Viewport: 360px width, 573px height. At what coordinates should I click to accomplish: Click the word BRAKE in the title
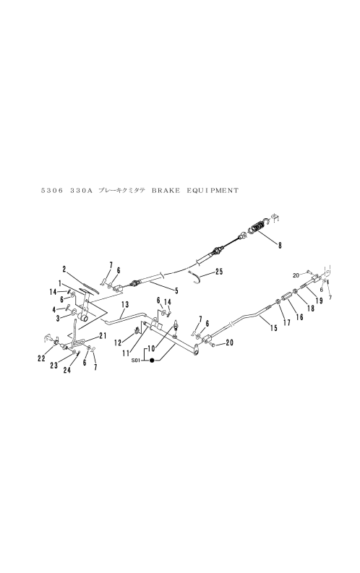point(166,190)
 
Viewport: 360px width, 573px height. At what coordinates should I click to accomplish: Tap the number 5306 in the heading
point(51,190)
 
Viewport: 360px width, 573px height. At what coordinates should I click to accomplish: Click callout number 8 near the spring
point(280,246)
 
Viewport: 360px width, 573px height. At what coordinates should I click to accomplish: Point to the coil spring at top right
point(259,228)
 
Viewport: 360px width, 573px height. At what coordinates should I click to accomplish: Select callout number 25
point(219,272)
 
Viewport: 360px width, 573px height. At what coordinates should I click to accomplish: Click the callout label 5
point(177,290)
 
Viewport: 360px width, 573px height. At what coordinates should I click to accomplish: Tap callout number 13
point(125,304)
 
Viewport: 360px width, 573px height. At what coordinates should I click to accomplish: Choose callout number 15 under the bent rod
point(273,329)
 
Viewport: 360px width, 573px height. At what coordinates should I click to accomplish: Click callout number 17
point(287,323)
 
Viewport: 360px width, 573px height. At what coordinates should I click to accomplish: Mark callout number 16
point(300,317)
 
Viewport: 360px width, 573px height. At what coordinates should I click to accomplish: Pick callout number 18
point(310,309)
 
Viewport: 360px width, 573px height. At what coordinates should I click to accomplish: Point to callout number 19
point(319,301)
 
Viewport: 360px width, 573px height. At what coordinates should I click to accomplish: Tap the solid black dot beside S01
point(152,361)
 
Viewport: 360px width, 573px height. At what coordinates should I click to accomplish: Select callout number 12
point(117,342)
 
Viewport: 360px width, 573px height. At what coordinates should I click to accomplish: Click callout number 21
point(103,336)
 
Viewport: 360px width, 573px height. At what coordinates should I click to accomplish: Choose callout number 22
point(41,359)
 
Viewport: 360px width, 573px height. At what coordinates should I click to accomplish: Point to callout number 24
point(67,370)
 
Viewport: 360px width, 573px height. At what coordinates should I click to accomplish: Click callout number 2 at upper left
point(64,270)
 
